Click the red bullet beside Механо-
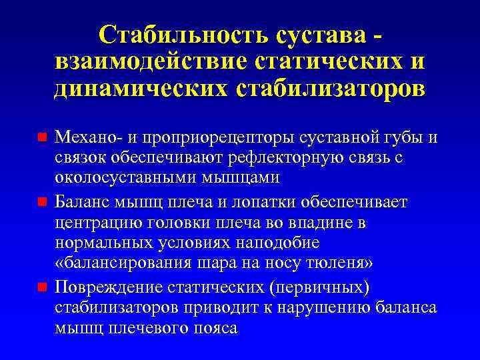[41, 138]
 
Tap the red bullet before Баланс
[41, 201]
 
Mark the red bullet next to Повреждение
[41, 287]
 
